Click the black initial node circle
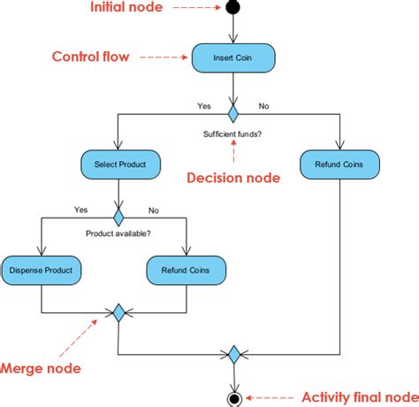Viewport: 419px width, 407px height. [x=233, y=9]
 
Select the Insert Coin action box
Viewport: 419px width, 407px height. [x=233, y=58]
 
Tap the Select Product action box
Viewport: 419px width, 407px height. [x=119, y=164]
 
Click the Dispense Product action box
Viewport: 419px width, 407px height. [x=42, y=269]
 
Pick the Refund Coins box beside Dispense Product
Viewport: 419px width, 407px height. [x=186, y=269]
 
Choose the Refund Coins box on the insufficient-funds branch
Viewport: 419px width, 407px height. [x=340, y=164]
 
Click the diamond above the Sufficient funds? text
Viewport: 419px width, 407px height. [x=233, y=114]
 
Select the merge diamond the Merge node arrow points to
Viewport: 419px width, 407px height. [x=118, y=312]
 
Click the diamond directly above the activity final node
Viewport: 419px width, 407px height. [x=233, y=355]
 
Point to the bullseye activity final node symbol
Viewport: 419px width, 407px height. [x=233, y=397]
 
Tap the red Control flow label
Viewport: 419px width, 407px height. [x=90, y=57]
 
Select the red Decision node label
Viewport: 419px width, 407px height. [x=233, y=178]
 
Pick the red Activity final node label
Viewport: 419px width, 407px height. [x=360, y=396]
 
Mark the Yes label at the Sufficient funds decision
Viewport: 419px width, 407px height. [x=203, y=105]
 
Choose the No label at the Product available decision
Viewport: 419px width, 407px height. [x=154, y=211]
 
